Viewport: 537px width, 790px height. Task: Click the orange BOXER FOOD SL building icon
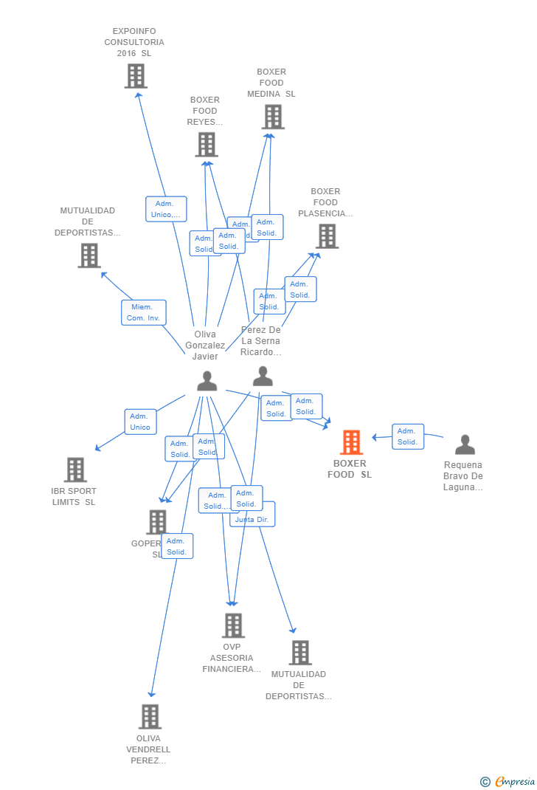(351, 442)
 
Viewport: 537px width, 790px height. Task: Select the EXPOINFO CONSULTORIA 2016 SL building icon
(136, 76)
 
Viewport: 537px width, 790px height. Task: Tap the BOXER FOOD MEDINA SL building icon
(273, 117)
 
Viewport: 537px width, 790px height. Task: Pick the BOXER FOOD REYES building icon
(207, 145)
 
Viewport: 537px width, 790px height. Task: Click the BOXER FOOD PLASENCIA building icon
(327, 236)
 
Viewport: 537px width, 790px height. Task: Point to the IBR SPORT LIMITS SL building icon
(75, 470)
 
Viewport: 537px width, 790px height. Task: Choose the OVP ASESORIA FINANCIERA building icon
(233, 625)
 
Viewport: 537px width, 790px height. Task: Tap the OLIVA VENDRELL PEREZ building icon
(150, 716)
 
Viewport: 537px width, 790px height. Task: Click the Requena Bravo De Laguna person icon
(465, 444)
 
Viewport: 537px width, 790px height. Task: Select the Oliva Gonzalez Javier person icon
(207, 381)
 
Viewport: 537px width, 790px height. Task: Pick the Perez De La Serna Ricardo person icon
(263, 377)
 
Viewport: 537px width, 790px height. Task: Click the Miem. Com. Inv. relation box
(144, 312)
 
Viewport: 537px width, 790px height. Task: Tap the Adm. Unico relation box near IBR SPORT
(140, 422)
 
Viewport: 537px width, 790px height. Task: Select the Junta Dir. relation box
(253, 519)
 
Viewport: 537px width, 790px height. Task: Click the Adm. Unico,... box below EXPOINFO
(166, 209)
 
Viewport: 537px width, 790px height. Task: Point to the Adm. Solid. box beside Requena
(408, 436)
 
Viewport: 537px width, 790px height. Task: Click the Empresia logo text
(515, 781)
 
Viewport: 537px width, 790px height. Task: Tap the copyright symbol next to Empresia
(485, 781)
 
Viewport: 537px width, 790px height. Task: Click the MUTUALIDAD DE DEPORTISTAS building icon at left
(89, 255)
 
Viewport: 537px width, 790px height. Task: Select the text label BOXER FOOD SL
(350, 469)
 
